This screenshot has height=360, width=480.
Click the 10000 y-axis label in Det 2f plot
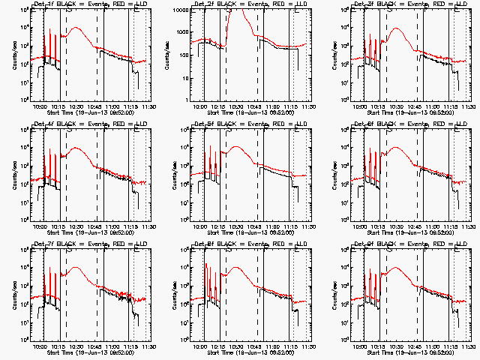186,10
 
